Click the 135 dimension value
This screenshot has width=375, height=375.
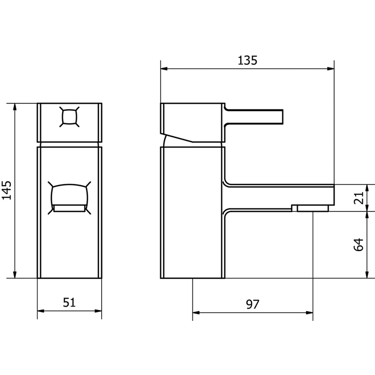248,60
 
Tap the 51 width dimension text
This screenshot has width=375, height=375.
69,302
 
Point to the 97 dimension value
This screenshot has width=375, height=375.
252,304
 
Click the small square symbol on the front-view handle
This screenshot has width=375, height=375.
70,118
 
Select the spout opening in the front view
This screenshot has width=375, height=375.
70,198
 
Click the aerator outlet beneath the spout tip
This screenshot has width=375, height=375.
312,208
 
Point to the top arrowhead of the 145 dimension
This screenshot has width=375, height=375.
15,107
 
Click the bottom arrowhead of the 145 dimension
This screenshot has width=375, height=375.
15,275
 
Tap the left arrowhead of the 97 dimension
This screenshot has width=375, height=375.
196,313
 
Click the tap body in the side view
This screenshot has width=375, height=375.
192,212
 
